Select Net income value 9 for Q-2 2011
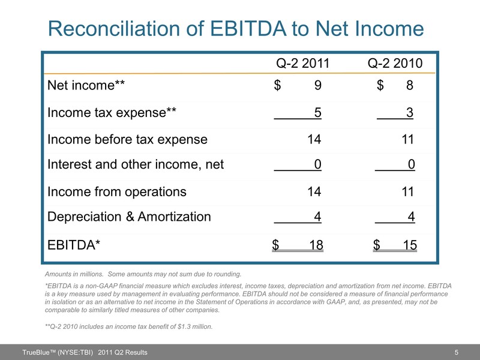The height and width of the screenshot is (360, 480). (x=317, y=86)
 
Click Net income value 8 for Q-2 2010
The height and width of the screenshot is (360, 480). (x=409, y=86)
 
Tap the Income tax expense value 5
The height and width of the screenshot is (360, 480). (x=317, y=113)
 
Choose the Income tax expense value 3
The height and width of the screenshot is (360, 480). (x=409, y=113)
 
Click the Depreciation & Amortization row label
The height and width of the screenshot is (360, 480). (x=129, y=217)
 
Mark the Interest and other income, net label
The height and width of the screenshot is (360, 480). (x=135, y=166)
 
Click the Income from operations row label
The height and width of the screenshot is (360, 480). (x=116, y=192)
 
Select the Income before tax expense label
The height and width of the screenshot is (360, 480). (x=127, y=140)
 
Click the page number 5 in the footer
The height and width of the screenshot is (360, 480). (x=457, y=352)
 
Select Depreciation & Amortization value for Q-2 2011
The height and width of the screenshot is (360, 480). (x=317, y=217)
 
